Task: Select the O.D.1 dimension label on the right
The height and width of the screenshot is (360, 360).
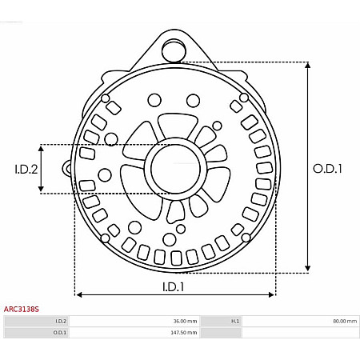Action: point(327,169)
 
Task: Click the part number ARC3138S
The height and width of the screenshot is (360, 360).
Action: point(22,308)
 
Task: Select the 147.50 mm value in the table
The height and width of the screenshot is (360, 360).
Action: point(184,332)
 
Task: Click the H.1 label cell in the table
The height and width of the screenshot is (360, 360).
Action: point(234,321)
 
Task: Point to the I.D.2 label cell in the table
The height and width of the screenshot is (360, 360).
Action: point(61,321)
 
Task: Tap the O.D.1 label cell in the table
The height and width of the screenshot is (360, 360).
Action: point(60,332)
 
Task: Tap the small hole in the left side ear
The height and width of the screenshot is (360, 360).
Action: point(68,168)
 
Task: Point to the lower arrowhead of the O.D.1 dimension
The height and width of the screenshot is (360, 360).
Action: point(308,270)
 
